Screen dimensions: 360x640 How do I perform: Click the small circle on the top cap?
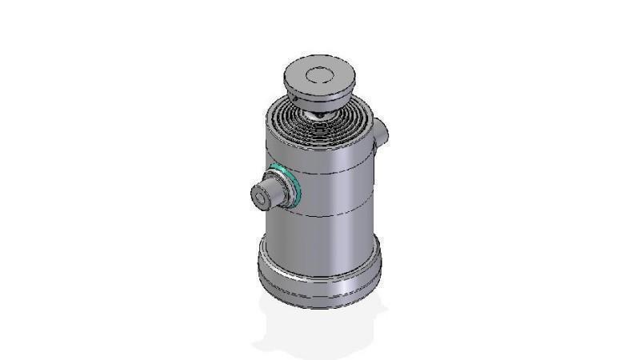(318, 77)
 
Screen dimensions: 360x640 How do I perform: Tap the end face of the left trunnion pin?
(260, 195)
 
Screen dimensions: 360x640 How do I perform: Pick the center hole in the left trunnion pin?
(259, 195)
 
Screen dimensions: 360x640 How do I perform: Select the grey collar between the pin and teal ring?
(278, 190)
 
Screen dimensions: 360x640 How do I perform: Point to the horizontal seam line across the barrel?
(336, 217)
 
